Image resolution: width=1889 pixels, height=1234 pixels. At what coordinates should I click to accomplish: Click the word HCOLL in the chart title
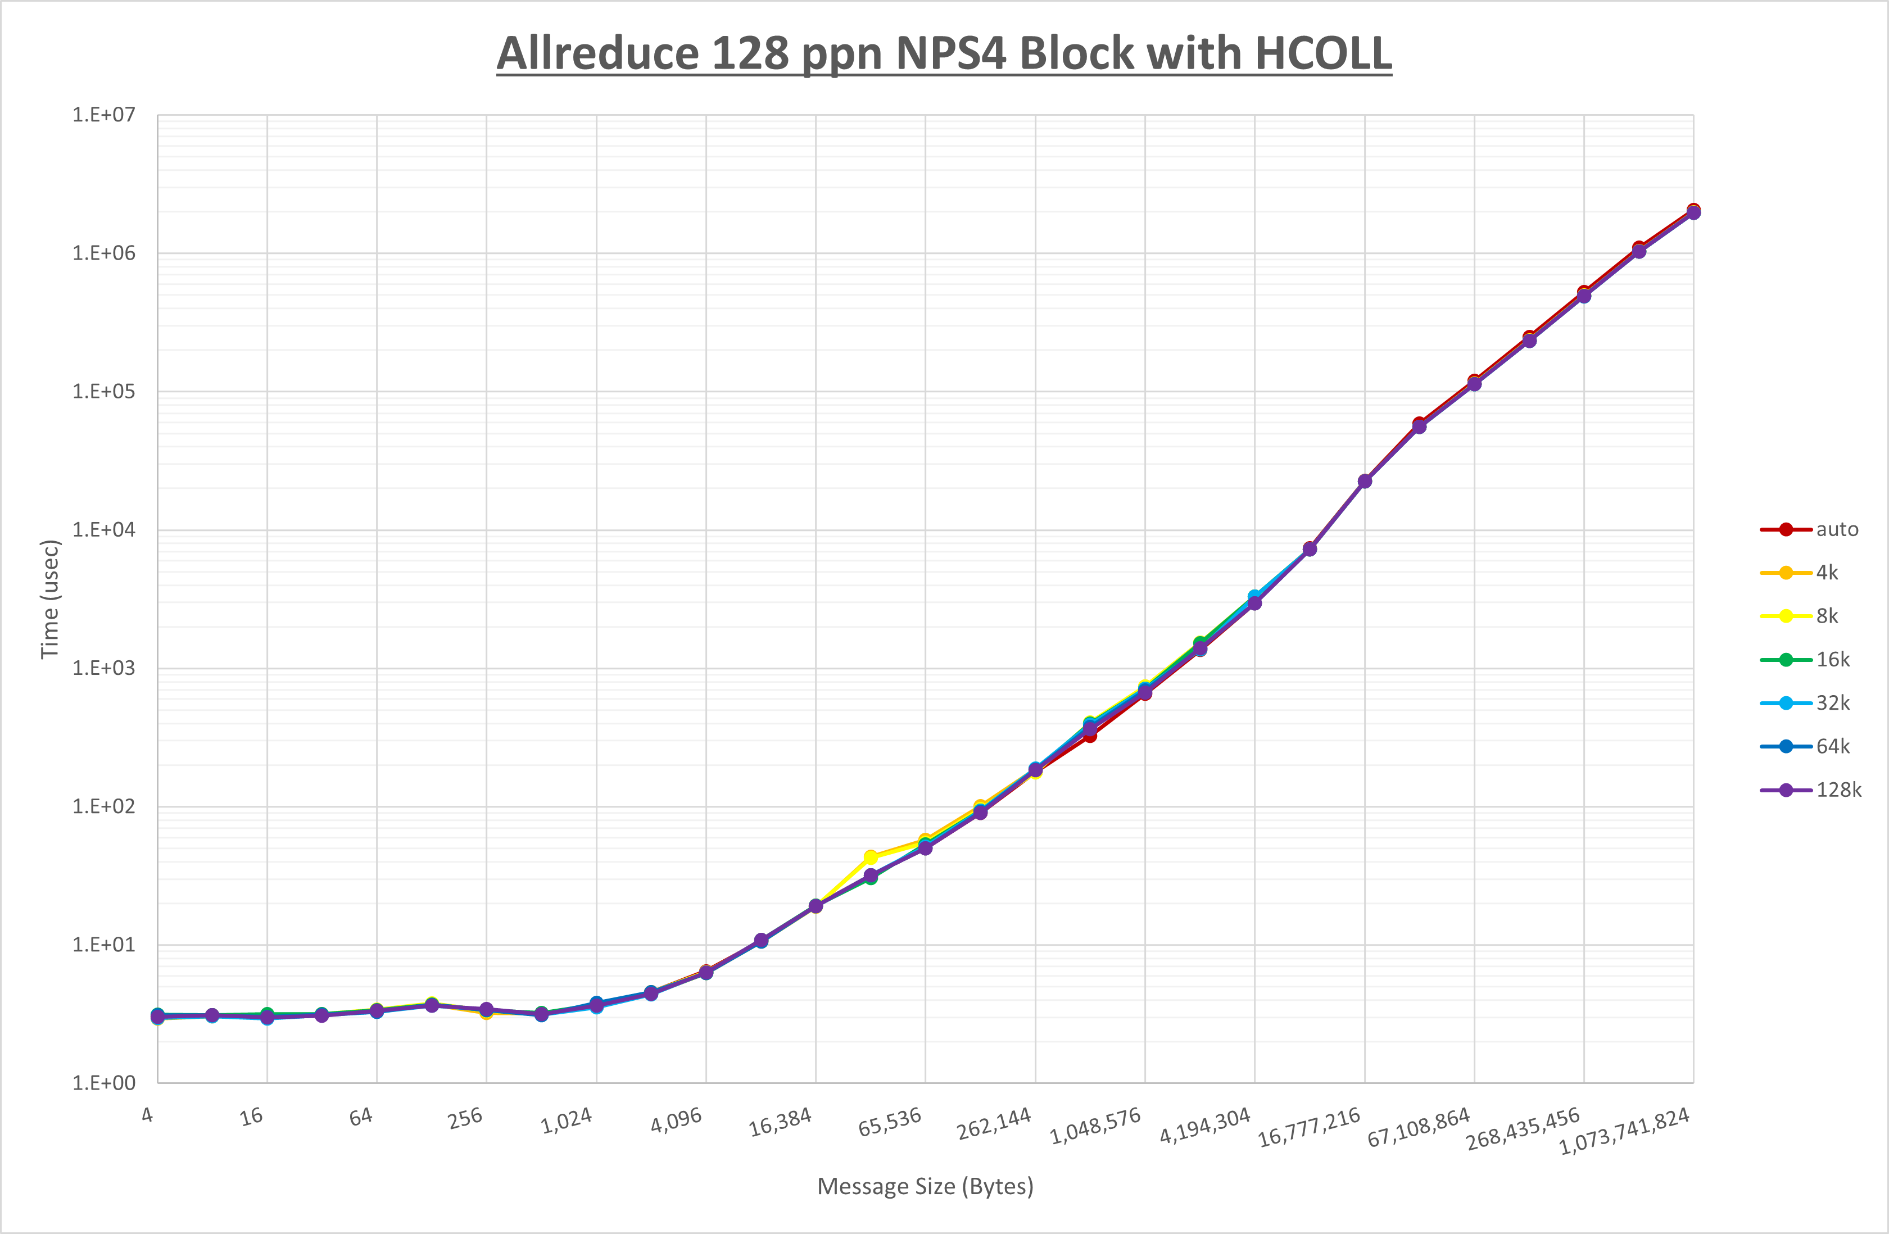1323,54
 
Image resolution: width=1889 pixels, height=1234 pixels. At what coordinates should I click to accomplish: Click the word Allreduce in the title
597,54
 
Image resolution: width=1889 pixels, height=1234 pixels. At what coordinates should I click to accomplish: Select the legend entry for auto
1837,529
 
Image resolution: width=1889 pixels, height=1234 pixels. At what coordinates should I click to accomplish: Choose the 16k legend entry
1833,660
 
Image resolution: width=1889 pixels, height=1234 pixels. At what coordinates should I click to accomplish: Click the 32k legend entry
1833,703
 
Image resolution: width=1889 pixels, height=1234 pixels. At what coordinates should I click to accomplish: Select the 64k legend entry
1833,746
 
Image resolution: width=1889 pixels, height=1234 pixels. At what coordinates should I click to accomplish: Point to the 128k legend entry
1838,790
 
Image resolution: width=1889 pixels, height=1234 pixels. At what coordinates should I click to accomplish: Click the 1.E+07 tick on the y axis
104,115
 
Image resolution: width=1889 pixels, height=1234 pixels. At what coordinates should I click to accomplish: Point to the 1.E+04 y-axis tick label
104,529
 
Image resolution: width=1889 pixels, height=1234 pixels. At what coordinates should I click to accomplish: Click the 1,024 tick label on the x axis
566,1121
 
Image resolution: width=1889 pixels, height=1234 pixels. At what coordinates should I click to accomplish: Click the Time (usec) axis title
49,599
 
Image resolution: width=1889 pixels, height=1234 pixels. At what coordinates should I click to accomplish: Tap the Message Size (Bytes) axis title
926,1186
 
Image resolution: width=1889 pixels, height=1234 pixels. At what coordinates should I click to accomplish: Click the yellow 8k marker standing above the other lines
871,857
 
